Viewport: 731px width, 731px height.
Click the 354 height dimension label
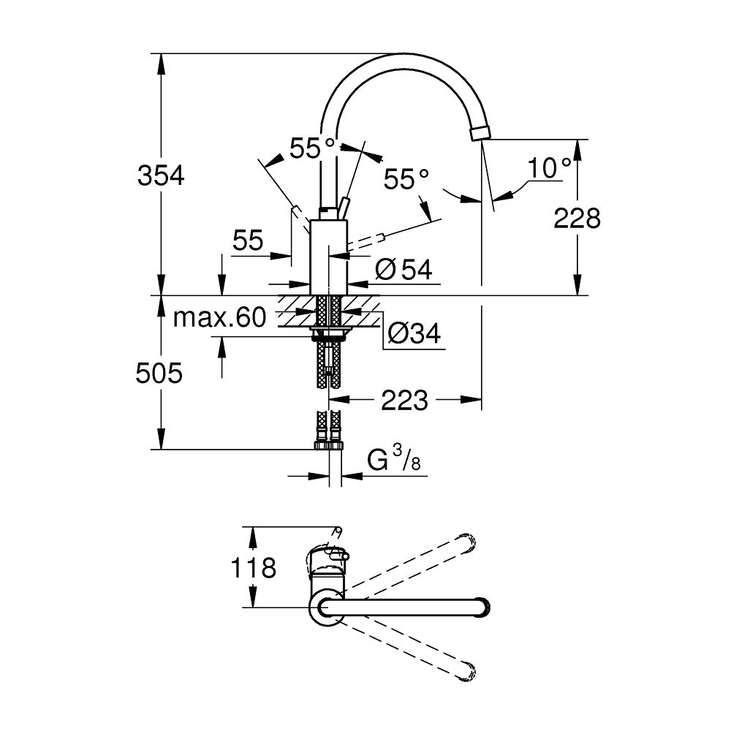click(162, 175)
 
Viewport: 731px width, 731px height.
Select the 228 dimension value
click(577, 217)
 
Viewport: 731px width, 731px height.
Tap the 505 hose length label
click(159, 374)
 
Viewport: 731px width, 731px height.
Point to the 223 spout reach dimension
click(404, 400)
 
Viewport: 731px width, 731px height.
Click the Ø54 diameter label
click(403, 270)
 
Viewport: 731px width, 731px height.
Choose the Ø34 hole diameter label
click(414, 334)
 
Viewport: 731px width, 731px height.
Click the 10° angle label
click(550, 168)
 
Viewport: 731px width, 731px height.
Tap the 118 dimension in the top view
click(254, 567)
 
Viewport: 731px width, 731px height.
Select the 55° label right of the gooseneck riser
click(407, 179)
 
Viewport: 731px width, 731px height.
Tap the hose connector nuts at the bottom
click(329, 444)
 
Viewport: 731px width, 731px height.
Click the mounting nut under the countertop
click(329, 334)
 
